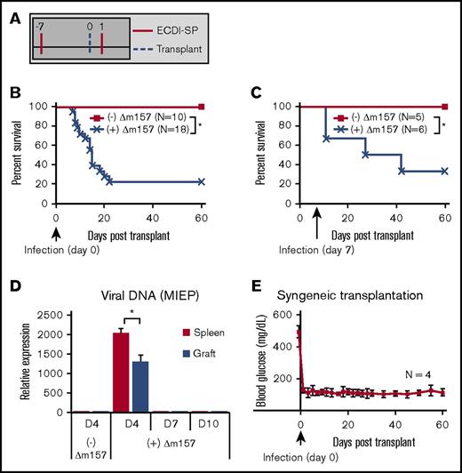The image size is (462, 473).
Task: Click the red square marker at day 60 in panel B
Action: pyautogui.click(x=202, y=106)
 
